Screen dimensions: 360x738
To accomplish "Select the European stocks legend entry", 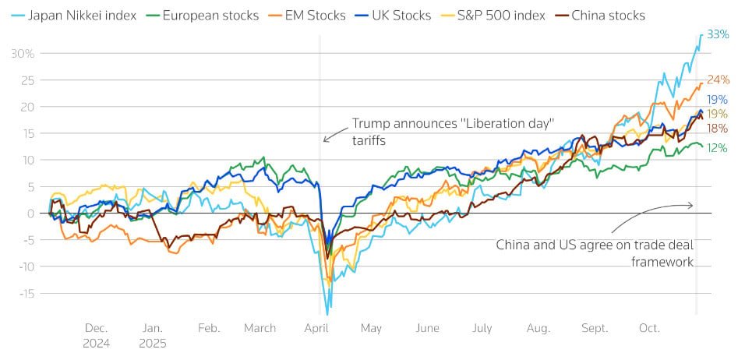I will click(205, 15).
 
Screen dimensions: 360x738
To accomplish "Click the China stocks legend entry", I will click(608, 15).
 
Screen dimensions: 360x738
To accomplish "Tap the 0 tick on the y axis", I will click(32, 213).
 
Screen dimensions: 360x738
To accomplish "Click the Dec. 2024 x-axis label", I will click(97, 335).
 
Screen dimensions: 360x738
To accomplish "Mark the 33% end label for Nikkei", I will click(717, 34).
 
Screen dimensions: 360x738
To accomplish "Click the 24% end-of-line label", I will click(718, 79).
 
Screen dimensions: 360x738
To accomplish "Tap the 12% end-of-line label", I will click(717, 147).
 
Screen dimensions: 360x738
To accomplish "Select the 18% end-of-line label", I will click(717, 129).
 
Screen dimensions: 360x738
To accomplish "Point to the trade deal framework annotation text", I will click(595, 253).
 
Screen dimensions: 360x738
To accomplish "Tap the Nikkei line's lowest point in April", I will click(328, 313).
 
